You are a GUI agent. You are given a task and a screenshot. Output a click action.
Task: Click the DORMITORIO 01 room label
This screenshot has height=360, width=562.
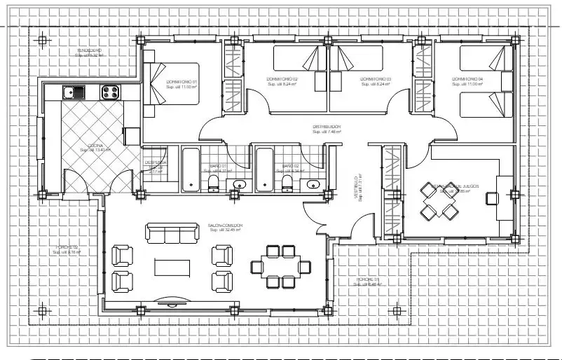181,82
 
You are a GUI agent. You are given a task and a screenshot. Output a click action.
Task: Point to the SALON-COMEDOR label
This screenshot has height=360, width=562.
225,226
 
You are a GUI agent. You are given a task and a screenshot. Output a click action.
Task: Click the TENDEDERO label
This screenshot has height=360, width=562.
89,51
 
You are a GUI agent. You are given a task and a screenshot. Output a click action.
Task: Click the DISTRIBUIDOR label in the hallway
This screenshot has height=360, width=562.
327,127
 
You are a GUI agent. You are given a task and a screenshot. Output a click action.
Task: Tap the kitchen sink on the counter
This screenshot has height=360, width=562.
73,91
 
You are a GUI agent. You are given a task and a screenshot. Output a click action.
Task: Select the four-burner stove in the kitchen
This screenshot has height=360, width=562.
110,91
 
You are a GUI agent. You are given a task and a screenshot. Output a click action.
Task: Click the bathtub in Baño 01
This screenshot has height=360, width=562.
191,169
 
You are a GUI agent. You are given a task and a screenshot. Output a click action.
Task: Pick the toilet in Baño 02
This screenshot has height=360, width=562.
287,184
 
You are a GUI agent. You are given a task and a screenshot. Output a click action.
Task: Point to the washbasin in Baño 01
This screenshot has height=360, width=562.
240,185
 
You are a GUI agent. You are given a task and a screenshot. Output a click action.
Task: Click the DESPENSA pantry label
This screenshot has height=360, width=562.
156,162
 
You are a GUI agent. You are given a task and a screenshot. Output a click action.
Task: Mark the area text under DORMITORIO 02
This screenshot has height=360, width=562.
282,85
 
